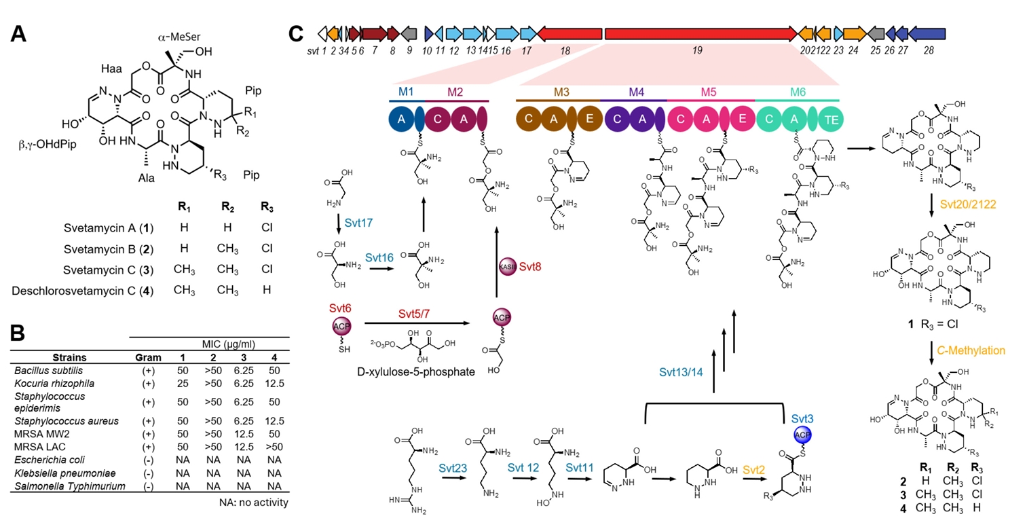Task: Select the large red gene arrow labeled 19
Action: coord(700,33)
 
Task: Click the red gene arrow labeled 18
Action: coord(569,33)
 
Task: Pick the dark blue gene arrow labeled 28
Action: coord(927,33)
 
